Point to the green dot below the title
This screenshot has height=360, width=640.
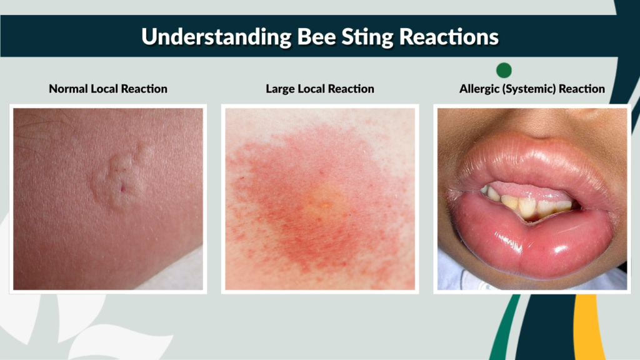(x=503, y=70)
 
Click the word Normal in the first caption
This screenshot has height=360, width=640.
(x=68, y=89)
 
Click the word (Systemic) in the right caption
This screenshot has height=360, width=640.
(x=529, y=89)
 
